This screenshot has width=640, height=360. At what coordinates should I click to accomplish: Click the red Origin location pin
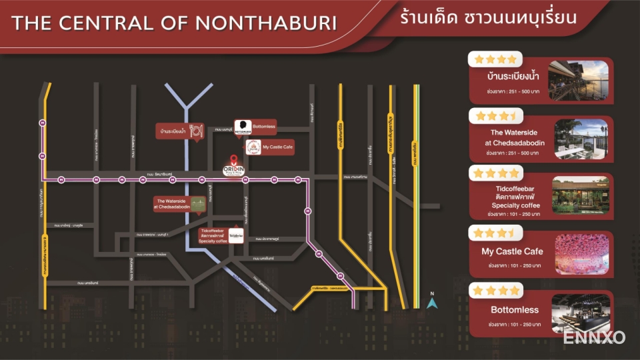click(x=233, y=160)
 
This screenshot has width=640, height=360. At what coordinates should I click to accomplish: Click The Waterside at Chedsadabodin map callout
click(x=173, y=204)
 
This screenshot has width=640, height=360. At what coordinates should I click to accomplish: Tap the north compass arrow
click(x=432, y=303)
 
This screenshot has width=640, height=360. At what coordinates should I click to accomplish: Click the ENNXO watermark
click(x=593, y=337)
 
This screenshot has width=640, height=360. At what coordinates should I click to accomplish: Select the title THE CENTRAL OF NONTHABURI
click(x=175, y=23)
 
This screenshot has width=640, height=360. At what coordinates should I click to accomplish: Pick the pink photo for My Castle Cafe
click(x=579, y=254)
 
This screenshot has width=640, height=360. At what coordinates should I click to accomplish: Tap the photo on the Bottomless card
click(x=579, y=312)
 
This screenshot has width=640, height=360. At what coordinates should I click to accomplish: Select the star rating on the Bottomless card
click(x=496, y=291)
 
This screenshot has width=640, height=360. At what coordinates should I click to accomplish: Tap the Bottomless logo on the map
click(x=243, y=127)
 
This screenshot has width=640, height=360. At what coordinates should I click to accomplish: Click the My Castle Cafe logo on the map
click(x=253, y=147)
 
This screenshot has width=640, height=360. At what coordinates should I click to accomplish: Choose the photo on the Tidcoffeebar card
click(x=579, y=197)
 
